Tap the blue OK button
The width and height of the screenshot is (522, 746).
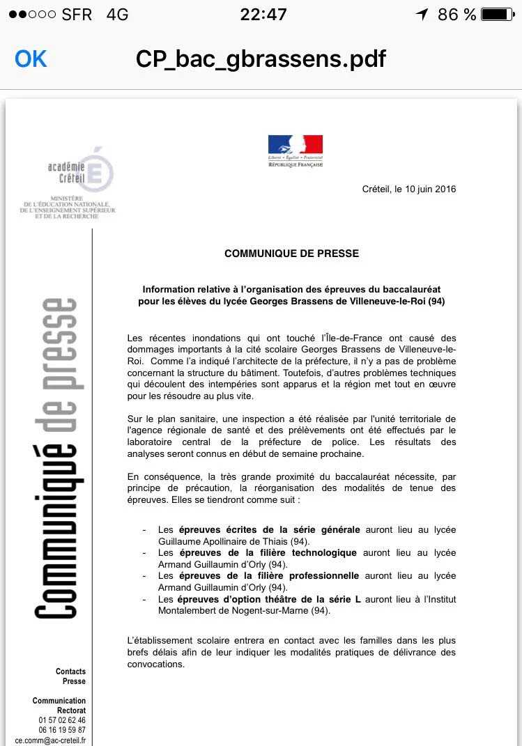tap(31, 59)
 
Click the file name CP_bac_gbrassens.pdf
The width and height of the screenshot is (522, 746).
tap(261, 59)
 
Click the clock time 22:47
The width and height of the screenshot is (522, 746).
tap(263, 14)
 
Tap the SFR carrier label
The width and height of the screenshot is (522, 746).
tap(76, 14)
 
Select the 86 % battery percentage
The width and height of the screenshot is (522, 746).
tap(456, 14)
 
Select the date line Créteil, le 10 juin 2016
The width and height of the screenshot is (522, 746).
tap(409, 189)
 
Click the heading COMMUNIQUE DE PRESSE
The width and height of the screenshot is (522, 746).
tap(291, 254)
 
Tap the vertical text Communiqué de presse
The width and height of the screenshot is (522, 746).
tap(59, 458)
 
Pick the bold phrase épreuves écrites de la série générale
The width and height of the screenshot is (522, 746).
tap(269, 529)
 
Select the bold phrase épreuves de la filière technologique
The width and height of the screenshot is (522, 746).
tap(267, 552)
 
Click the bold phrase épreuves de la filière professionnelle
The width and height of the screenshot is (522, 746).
tap(268, 575)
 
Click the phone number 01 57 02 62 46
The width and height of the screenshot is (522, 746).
tap(62, 720)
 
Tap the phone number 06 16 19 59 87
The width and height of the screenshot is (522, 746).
tap(62, 730)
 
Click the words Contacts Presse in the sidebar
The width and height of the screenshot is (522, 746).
tap(70, 676)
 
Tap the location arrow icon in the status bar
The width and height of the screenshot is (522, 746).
tap(421, 14)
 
